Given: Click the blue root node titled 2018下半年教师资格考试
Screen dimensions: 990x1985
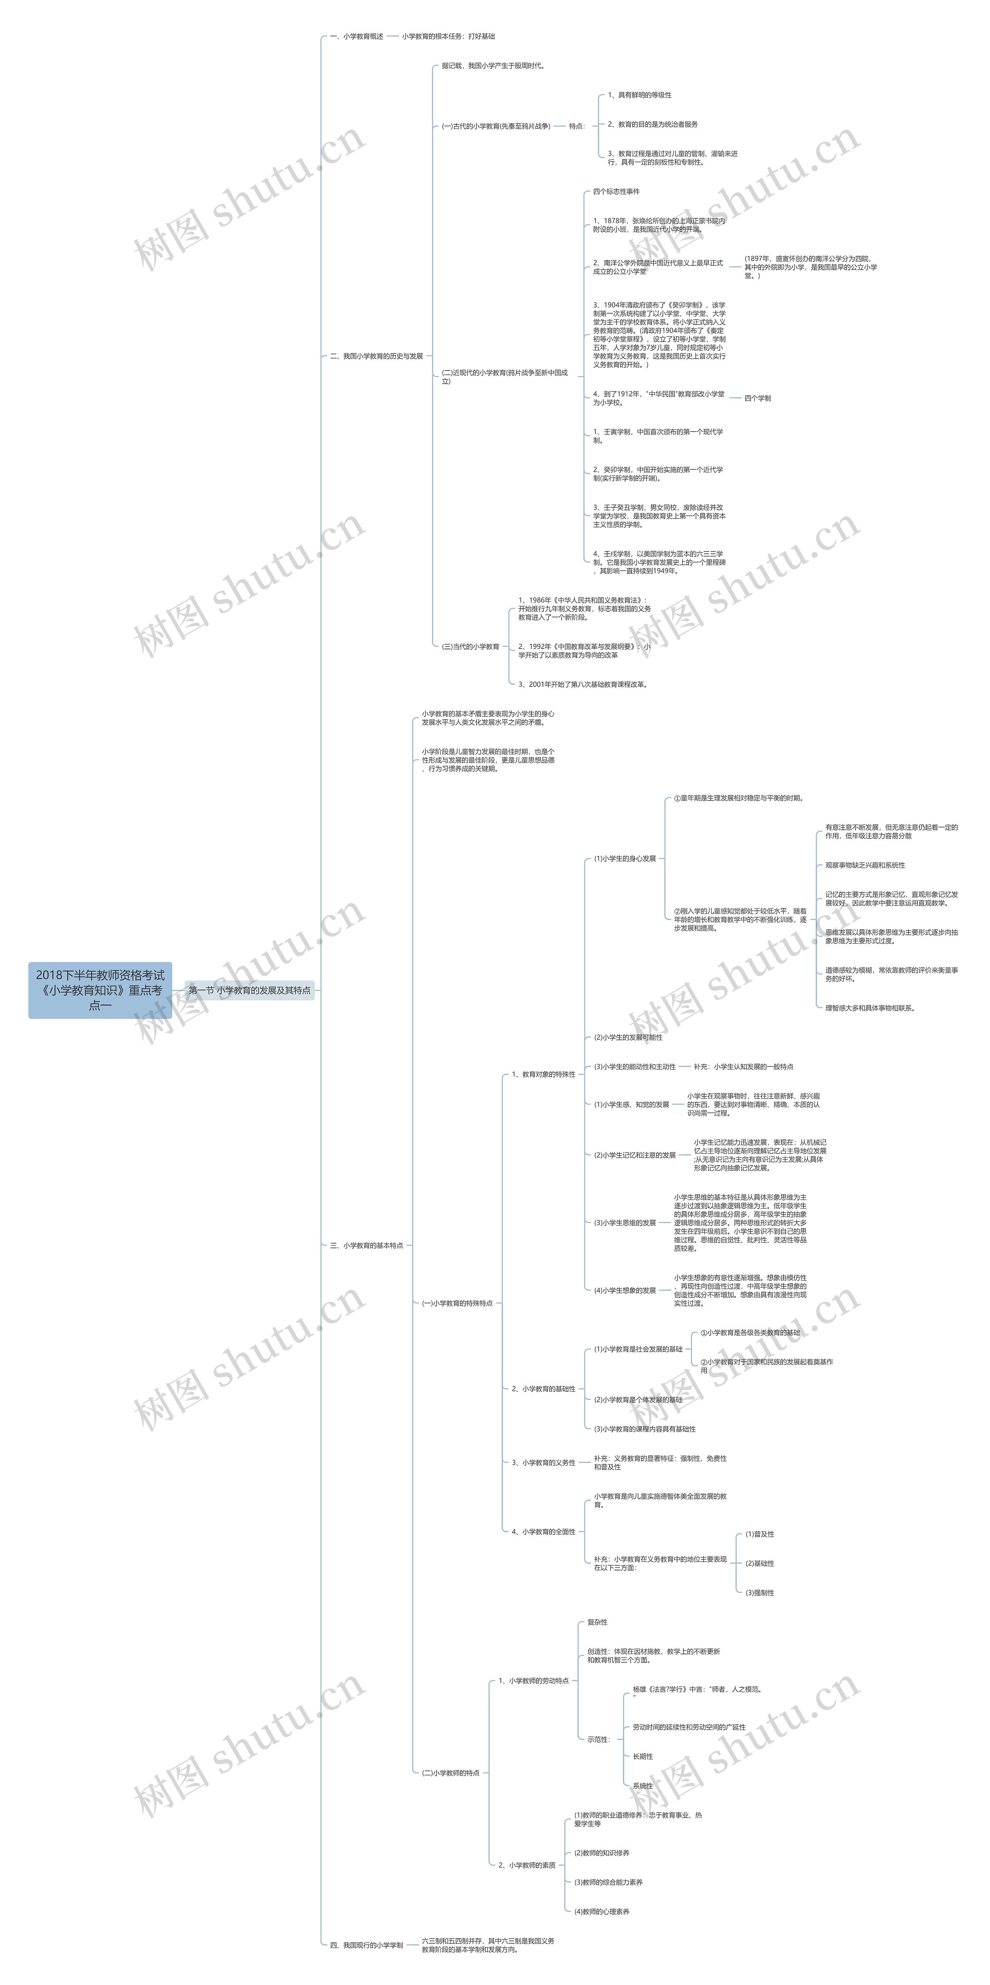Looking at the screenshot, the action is [100, 990].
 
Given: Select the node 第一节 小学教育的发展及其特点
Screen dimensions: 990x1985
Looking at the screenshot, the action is [249, 990].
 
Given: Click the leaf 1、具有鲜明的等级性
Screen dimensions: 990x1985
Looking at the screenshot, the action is [640, 95].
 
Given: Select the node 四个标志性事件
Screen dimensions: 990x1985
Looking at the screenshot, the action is [616, 191].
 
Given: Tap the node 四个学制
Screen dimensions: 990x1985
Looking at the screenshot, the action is [757, 398].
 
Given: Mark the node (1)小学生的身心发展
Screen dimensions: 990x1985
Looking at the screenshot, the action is [625, 859].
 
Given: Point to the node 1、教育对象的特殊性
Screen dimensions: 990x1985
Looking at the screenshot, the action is [544, 1074].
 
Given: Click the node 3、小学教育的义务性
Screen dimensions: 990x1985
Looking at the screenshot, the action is [544, 1463].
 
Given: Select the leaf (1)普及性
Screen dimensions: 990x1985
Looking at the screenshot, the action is [760, 1534].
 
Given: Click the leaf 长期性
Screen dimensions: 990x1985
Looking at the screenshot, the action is [643, 1756].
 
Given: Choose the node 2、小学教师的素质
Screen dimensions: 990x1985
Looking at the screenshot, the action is [527, 1866].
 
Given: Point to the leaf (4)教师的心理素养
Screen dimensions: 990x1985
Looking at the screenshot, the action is [602, 1912].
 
